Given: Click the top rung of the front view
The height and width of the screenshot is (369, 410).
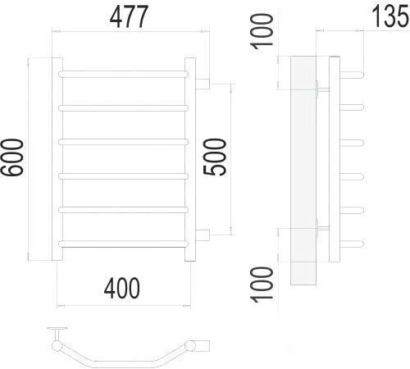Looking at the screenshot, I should [x=125, y=74].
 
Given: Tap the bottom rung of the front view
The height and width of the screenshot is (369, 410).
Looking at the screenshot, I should [x=125, y=242].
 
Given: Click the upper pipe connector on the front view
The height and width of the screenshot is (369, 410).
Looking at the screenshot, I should [x=203, y=82].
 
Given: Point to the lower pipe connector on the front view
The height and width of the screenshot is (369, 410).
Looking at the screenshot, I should [x=203, y=235].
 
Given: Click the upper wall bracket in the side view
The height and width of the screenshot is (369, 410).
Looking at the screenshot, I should [x=320, y=88].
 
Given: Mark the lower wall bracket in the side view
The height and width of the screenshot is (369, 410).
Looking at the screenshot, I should [x=320, y=229].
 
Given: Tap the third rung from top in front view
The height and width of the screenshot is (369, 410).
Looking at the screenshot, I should [x=125, y=141].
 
